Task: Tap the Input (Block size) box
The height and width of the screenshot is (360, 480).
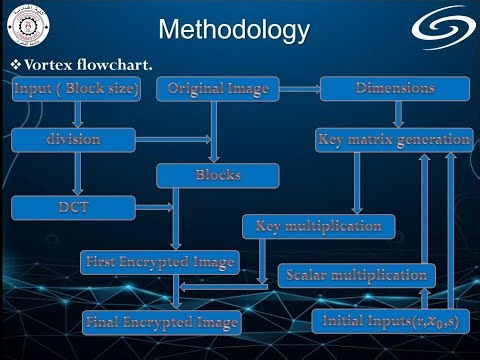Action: [76, 89]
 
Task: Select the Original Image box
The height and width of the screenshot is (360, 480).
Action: [218, 89]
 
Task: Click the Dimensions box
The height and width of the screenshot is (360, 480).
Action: [395, 89]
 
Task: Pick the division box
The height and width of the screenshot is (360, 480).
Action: [73, 139]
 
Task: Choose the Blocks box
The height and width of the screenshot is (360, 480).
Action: [217, 175]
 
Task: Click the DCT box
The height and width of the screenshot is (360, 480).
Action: [73, 208]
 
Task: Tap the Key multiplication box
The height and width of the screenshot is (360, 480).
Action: [318, 226]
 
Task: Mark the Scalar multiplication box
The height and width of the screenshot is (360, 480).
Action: [357, 274]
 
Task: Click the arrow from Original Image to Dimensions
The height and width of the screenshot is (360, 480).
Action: [298, 89]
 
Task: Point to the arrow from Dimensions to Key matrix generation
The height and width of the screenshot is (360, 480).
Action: [395, 114]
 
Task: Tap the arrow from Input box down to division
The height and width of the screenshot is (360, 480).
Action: [76, 114]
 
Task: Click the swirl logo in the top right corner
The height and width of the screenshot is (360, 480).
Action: [446, 28]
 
